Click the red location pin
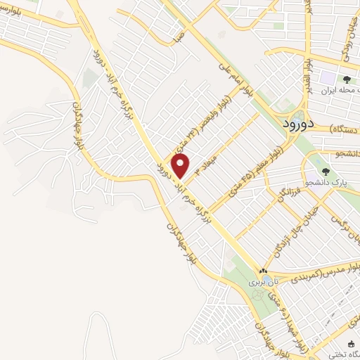[x=181, y=166]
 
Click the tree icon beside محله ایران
[x=345, y=79]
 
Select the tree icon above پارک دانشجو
[x=325, y=171]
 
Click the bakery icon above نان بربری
[x=263, y=271]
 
